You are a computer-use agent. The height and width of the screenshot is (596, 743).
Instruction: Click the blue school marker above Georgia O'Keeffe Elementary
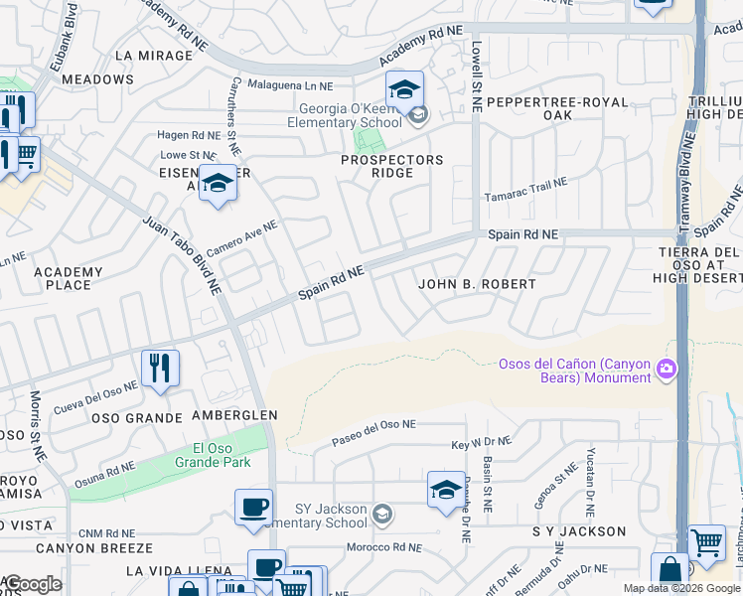(x=404, y=90)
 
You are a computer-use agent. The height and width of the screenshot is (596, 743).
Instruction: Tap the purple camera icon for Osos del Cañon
(x=665, y=370)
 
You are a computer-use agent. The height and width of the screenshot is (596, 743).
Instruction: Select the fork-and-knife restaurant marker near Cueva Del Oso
(x=160, y=369)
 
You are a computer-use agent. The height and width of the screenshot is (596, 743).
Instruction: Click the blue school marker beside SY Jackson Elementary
(x=446, y=490)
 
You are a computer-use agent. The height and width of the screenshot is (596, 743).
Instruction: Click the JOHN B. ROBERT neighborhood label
(x=477, y=284)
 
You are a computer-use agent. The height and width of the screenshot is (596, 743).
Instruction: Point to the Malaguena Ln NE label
(x=290, y=86)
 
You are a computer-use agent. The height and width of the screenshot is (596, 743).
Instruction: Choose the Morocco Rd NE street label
(x=385, y=547)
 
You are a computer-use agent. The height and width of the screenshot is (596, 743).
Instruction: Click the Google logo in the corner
(x=32, y=584)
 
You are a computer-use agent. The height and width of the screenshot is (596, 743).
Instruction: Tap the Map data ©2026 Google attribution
(x=681, y=588)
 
